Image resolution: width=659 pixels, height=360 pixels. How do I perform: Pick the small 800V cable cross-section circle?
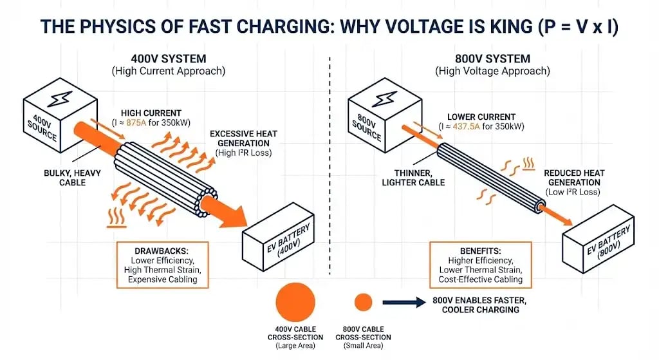click(x=364, y=302)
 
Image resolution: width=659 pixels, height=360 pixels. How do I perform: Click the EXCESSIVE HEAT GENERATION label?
click(x=243, y=138)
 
